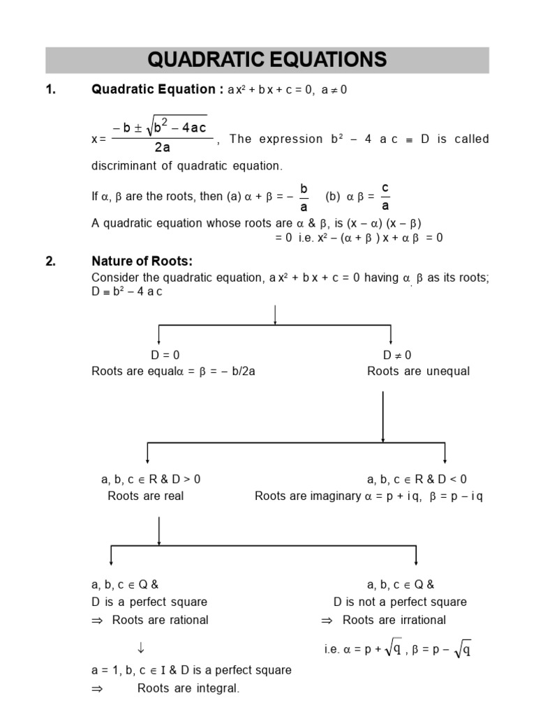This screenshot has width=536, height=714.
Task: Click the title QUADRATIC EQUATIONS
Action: click(267, 60)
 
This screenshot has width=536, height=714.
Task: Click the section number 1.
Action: click(50, 89)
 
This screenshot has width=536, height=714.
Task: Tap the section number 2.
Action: click(50, 261)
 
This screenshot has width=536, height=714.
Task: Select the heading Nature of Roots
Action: click(142, 261)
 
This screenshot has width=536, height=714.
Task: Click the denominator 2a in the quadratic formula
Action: click(162, 147)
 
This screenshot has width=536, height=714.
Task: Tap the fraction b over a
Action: click(304, 197)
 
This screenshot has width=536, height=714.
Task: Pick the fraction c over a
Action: click(386, 197)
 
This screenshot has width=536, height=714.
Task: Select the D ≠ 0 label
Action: click(397, 355)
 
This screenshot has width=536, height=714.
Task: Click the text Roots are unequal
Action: click(418, 371)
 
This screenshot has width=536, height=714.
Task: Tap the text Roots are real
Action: click(146, 496)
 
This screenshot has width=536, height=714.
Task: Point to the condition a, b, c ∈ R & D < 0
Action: click(417, 479)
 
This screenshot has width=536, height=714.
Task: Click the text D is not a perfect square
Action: click(400, 602)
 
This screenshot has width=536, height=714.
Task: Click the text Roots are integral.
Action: click(188, 688)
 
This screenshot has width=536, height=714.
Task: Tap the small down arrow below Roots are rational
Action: click(141, 648)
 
